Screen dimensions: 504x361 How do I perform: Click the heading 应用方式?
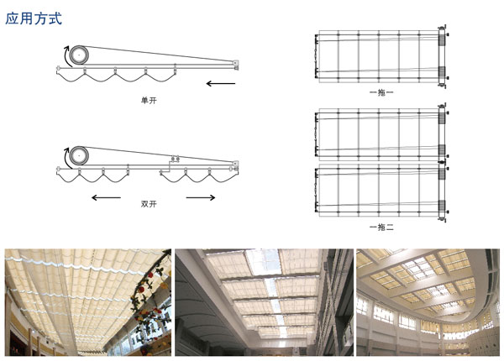pyautogui.click(x=34, y=18)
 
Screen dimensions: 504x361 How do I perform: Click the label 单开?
pyautogui.click(x=149, y=101)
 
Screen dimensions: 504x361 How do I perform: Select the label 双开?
pyautogui.click(x=149, y=204)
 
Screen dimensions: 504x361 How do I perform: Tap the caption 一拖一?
pyautogui.click(x=381, y=92)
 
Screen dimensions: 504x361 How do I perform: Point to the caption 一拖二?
pyautogui.click(x=381, y=228)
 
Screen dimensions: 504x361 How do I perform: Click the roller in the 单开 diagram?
pyautogui.click(x=79, y=55)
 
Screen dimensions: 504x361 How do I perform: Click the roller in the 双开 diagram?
pyautogui.click(x=79, y=156)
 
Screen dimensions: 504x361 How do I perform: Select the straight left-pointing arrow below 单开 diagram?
pyautogui.click(x=221, y=84)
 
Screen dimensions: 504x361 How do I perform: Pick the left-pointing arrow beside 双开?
pyautogui.click(x=106, y=197)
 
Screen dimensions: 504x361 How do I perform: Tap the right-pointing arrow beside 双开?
pyautogui.click(x=201, y=197)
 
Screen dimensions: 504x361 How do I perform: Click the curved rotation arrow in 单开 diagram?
pyautogui.click(x=66, y=56)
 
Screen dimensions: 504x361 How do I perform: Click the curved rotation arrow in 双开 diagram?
pyautogui.click(x=66, y=157)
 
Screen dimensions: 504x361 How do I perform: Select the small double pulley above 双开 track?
pyautogui.click(x=175, y=159)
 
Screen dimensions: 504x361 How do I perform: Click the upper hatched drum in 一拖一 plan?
pyautogui.click(x=442, y=39)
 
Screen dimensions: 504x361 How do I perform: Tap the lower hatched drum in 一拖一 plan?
pyautogui.click(x=442, y=72)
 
